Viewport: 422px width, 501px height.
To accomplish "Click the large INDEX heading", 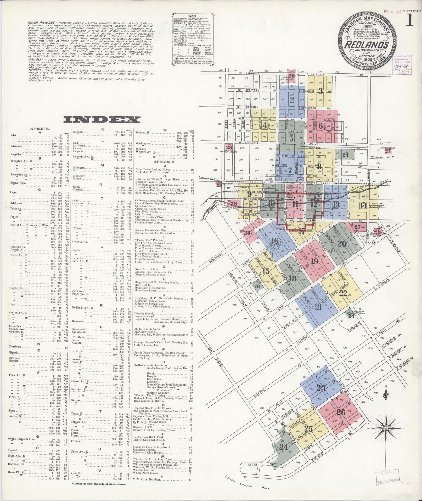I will click(x=102, y=120).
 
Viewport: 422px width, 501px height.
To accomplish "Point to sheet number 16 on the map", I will click(x=275, y=240).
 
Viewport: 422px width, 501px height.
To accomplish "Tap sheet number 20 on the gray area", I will click(x=341, y=244).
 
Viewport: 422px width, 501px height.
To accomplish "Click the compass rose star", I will click(x=385, y=428).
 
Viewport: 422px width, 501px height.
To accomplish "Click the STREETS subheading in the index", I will click(x=40, y=129).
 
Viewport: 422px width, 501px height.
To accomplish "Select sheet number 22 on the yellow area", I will click(x=343, y=293).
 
